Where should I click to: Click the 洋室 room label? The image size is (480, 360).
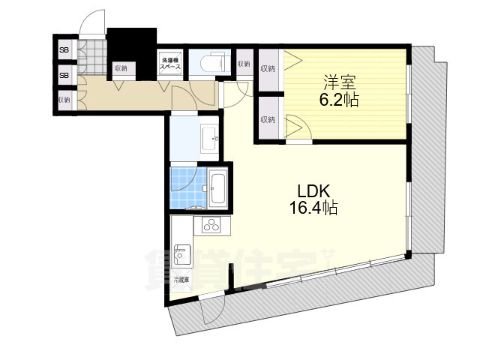[x=340, y=80]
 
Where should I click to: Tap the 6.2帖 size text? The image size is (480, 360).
[x=340, y=98]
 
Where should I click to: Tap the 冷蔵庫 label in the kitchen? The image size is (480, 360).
[x=181, y=280]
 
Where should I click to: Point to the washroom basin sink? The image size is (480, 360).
[x=210, y=138]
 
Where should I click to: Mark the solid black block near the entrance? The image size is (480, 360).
[x=130, y=45]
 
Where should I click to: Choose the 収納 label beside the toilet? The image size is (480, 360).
[x=243, y=64]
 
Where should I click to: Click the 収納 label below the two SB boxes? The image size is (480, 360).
[x=64, y=99]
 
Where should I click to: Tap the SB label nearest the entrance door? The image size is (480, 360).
[x=64, y=51]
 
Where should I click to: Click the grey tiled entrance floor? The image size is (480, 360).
[x=94, y=57]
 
